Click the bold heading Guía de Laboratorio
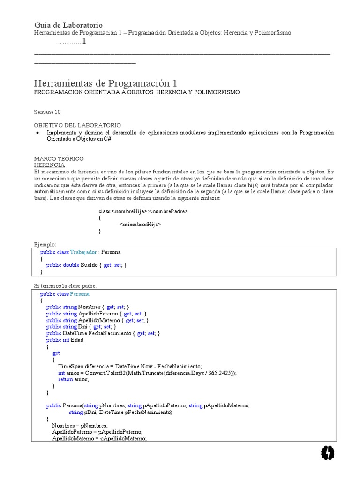click(x=68, y=25)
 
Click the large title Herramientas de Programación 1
click(x=105, y=83)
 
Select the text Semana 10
click(x=47, y=112)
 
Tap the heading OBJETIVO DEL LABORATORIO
click(x=77, y=125)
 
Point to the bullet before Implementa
click(x=37, y=133)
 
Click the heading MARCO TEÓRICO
click(x=59, y=159)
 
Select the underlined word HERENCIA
click(x=50, y=165)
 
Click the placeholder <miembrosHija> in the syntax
click(x=140, y=225)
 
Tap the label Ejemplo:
click(x=45, y=244)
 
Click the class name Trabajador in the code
click(x=83, y=252)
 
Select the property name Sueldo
click(x=89, y=265)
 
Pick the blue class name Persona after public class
click(x=80, y=294)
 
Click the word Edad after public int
click(x=77, y=340)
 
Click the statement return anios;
click(x=73, y=379)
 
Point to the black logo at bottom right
click(x=328, y=452)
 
